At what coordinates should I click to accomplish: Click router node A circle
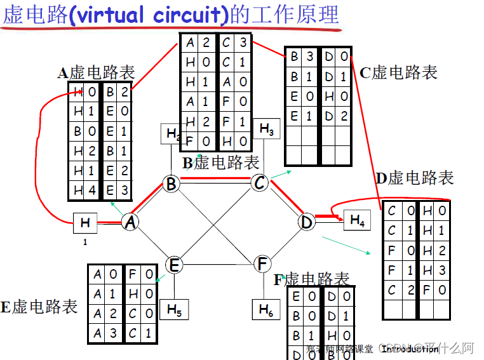[x=131, y=222]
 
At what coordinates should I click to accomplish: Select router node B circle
[x=170, y=184]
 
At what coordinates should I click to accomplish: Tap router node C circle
[x=259, y=183]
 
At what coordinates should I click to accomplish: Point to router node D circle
[x=307, y=222]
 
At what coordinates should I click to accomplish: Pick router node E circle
[x=175, y=264]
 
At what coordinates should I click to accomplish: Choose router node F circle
[x=262, y=264]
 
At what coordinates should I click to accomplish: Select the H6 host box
[x=266, y=309]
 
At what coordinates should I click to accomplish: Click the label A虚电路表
[x=96, y=72]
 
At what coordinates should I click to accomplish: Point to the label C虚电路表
[x=398, y=72]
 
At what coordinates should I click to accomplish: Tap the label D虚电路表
[x=414, y=178]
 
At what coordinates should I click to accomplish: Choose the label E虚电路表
[x=39, y=307]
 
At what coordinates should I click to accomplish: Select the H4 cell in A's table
[x=84, y=189]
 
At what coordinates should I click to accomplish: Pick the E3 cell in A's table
[x=116, y=189]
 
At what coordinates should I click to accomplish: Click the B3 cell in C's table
[x=302, y=57]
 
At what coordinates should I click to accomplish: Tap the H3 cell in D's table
[x=434, y=270]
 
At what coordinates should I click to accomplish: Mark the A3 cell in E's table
[x=105, y=332]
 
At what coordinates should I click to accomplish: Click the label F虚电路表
[x=312, y=279]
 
